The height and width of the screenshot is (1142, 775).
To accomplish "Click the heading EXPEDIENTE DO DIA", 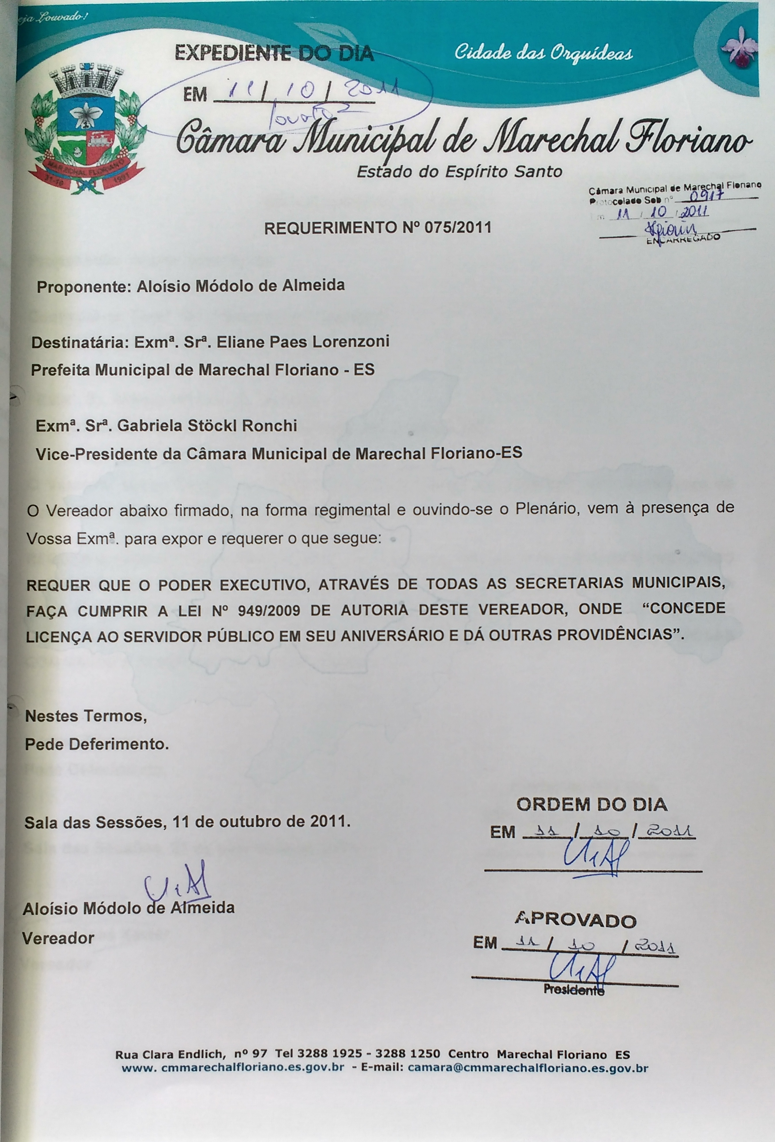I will pyautogui.click(x=274, y=53).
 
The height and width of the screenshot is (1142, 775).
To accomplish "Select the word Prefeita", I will pyautogui.click(x=60, y=370).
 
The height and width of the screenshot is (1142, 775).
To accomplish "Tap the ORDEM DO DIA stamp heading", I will pyautogui.click(x=592, y=805).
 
